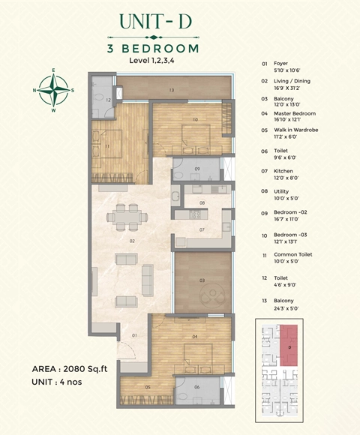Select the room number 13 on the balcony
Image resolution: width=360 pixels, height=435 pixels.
tap(171, 90)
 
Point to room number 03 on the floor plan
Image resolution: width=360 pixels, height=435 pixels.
tap(202, 280)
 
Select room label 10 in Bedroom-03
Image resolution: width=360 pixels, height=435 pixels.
tap(194, 119)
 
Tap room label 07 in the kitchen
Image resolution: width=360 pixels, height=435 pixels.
tap(202, 229)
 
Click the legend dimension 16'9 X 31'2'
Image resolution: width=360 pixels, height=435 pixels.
tap(292, 86)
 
